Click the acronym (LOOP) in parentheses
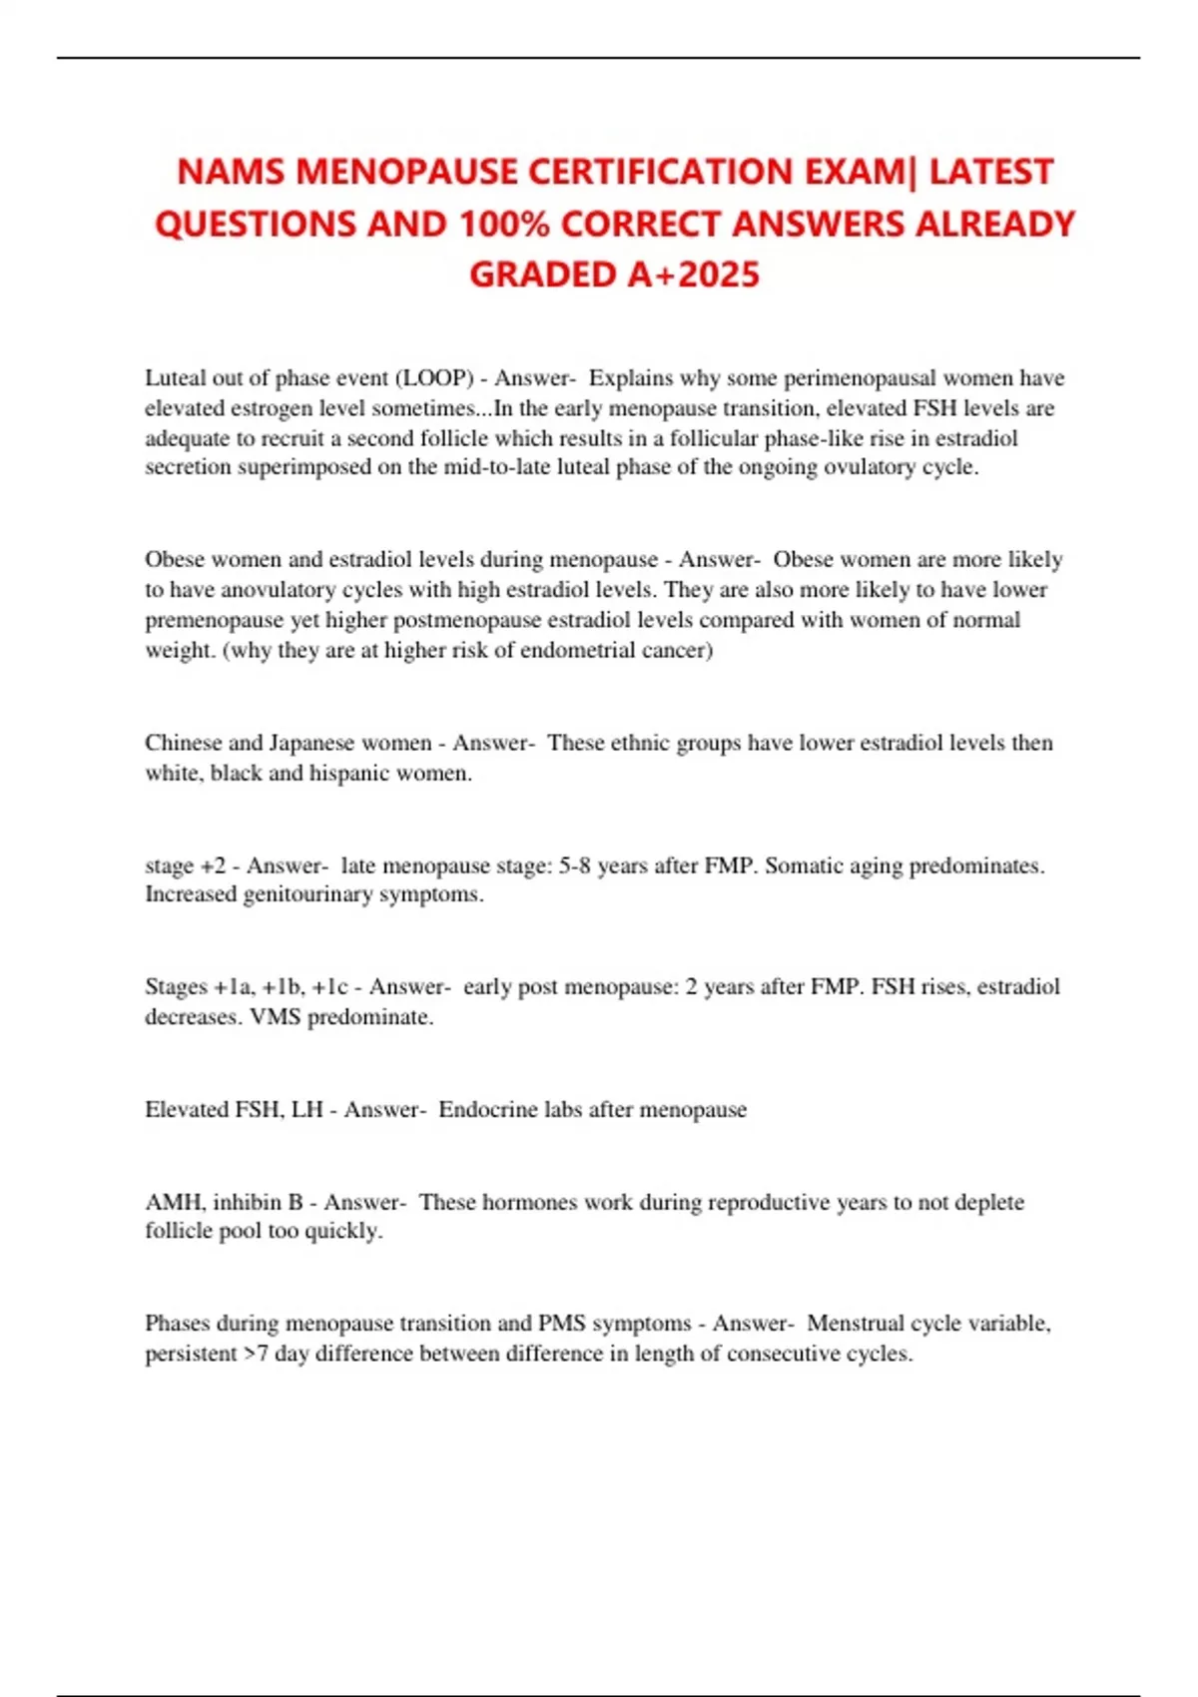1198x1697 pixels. pyautogui.click(x=434, y=378)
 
